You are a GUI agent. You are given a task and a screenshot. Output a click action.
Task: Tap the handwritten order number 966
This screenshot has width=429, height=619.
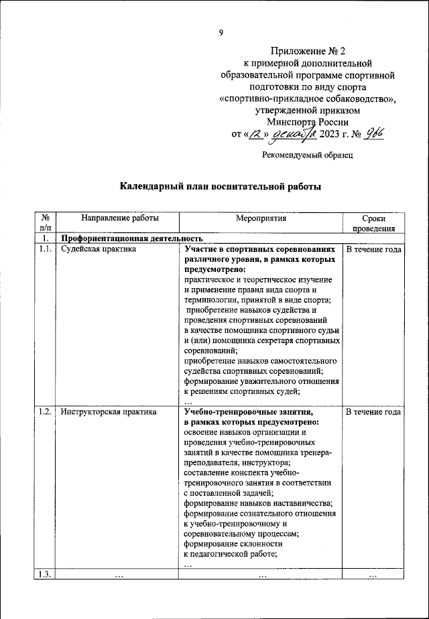376,134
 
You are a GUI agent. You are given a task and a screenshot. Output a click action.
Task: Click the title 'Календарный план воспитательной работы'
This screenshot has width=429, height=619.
221,187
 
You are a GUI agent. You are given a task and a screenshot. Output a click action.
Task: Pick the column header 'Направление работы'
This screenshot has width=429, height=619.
120,218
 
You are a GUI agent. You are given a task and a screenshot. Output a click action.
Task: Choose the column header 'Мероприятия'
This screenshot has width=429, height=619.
261,218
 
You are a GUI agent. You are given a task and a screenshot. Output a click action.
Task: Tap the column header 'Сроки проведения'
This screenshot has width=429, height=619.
373,223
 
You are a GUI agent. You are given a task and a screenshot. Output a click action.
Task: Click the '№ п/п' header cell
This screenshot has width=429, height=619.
44,223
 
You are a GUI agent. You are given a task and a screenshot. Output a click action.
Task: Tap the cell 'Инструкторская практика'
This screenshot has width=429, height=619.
109,413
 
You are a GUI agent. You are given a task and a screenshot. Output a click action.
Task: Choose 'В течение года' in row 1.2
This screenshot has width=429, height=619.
373,413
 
